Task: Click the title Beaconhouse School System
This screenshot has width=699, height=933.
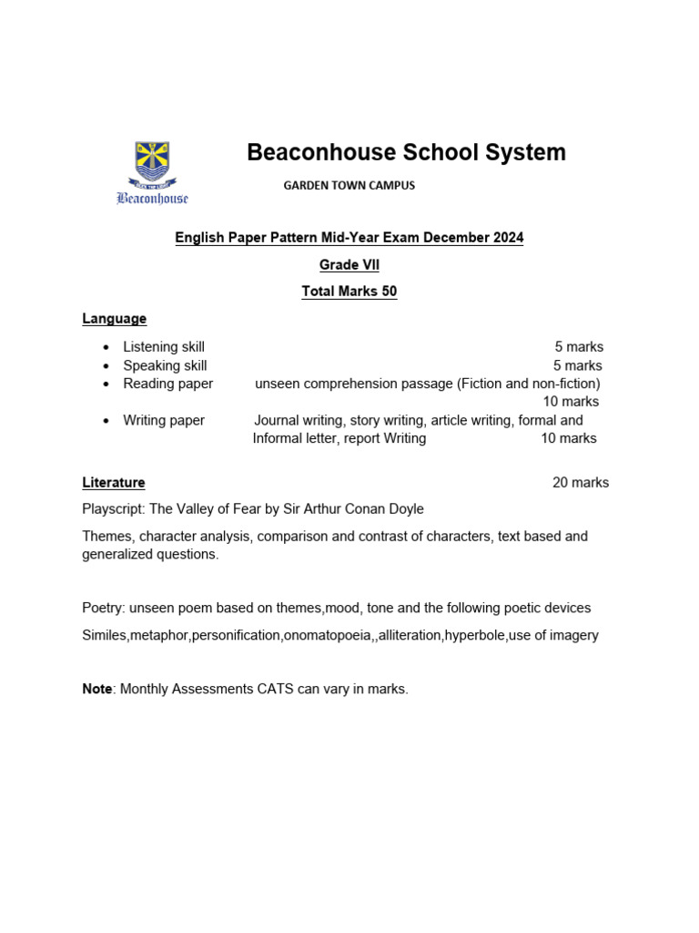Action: tap(406, 152)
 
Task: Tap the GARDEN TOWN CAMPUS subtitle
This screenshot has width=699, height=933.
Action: tap(349, 185)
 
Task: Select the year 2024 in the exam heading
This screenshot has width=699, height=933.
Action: tap(506, 238)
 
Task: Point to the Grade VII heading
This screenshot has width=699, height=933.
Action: tap(349, 265)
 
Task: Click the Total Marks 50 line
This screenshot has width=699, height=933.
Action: tap(349, 292)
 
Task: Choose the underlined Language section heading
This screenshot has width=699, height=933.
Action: tap(114, 319)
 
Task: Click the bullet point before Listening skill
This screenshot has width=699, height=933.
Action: tap(106, 347)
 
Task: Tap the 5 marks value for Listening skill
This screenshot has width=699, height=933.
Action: tap(579, 347)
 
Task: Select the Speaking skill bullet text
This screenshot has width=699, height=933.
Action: tap(165, 365)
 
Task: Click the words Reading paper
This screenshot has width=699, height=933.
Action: tap(167, 384)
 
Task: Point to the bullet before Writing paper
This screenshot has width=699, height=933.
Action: tap(106, 421)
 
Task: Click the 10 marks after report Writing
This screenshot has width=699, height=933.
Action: tap(569, 438)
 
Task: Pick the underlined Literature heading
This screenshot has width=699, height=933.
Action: tap(114, 483)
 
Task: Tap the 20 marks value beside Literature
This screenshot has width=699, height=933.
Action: tap(581, 483)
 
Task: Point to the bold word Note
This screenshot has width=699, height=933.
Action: tap(96, 689)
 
